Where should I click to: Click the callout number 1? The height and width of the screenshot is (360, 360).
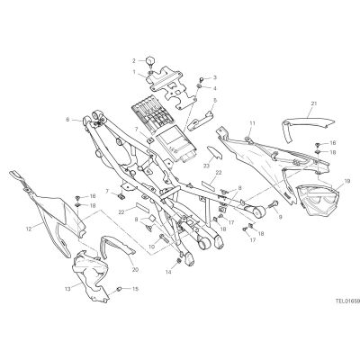[x=134, y=72]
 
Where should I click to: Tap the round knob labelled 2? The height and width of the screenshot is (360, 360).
[x=150, y=61]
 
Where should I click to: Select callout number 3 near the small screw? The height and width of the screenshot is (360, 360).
[x=215, y=77]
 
